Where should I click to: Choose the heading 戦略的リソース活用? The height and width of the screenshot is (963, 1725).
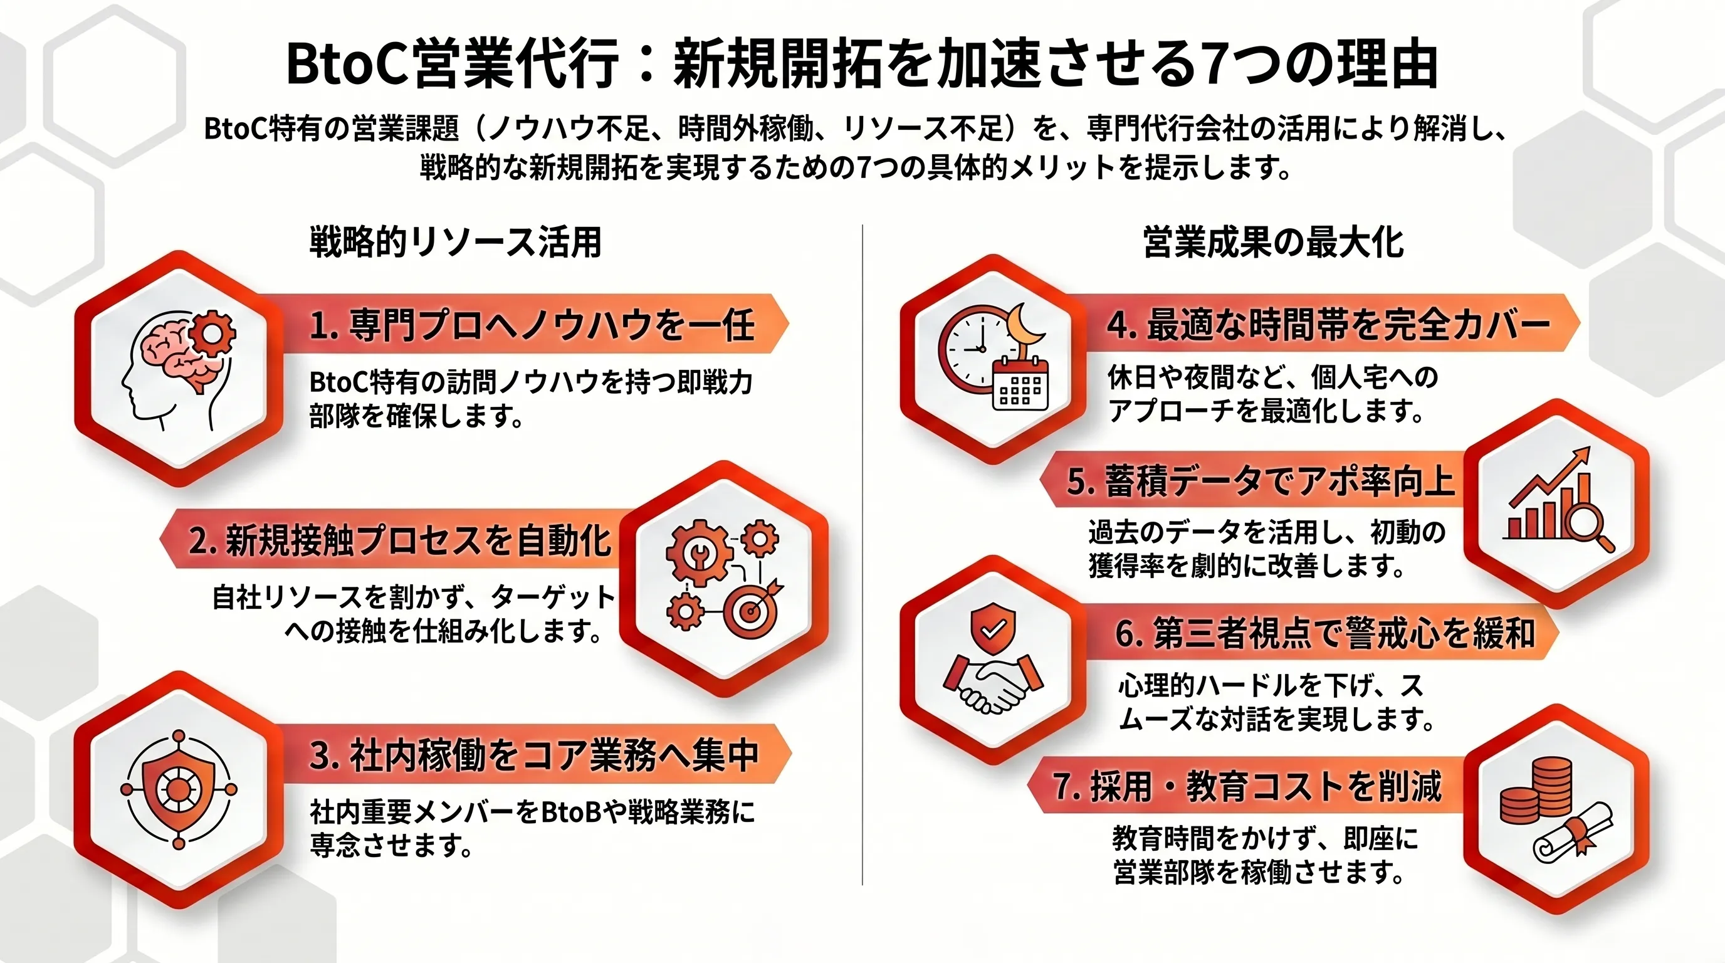(454, 243)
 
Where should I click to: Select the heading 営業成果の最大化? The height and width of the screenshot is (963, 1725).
(1273, 243)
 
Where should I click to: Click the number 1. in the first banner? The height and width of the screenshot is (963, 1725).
(324, 325)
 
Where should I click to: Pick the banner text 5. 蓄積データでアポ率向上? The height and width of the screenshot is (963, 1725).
(1261, 481)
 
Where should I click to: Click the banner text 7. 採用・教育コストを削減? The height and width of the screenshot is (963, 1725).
(1247, 786)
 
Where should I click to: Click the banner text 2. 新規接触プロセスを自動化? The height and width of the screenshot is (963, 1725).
(400, 540)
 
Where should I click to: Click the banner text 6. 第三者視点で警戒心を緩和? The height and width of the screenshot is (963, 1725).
(1324, 633)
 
